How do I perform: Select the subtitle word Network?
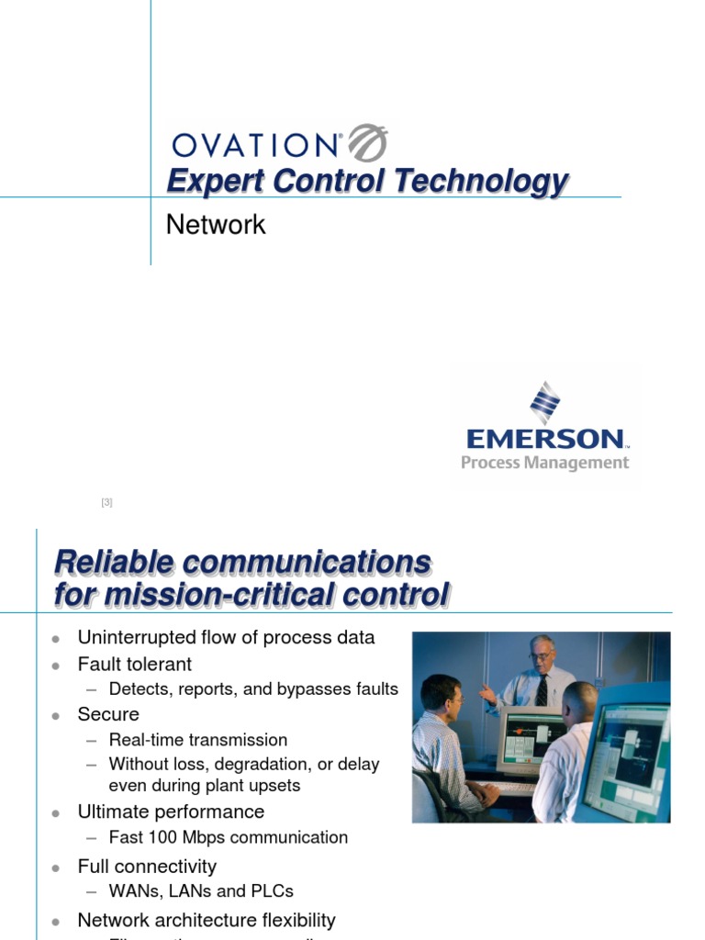click(216, 225)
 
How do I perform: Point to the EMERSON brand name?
click(545, 439)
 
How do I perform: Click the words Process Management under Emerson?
click(545, 463)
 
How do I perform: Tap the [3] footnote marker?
click(106, 502)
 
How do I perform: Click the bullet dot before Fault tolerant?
click(56, 665)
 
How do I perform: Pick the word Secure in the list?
click(108, 714)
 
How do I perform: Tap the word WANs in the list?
click(132, 890)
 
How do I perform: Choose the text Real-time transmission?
click(197, 740)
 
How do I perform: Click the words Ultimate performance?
click(171, 811)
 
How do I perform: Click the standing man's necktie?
click(542, 691)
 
